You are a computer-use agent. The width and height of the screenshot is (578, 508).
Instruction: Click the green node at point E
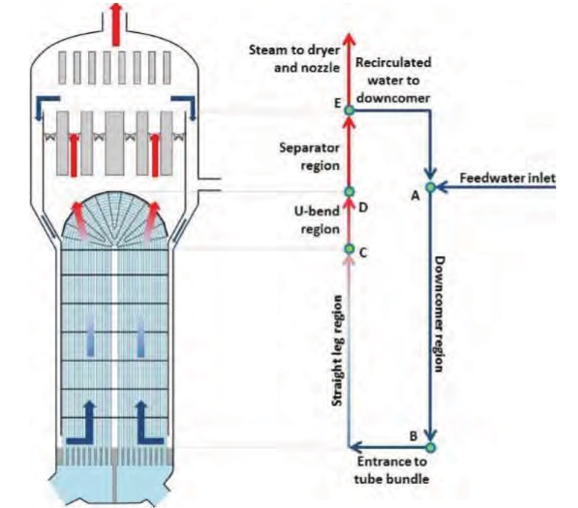coord(349,110)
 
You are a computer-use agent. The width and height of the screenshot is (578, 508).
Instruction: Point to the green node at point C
coord(349,249)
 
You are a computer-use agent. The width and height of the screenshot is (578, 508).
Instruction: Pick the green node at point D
coord(349,192)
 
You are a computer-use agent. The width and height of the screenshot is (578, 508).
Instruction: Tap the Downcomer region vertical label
coord(441,313)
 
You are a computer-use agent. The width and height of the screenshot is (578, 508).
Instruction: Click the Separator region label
coord(310,156)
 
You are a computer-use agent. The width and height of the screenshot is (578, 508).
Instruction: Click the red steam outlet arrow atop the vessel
coord(116,13)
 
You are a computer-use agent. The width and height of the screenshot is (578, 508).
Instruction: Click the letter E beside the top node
coord(336,102)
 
